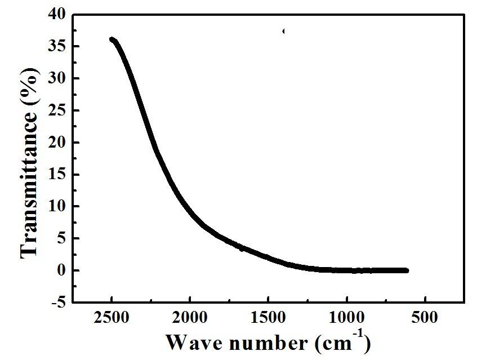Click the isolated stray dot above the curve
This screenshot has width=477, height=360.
tap(283, 31)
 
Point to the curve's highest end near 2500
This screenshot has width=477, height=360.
tap(112, 39)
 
